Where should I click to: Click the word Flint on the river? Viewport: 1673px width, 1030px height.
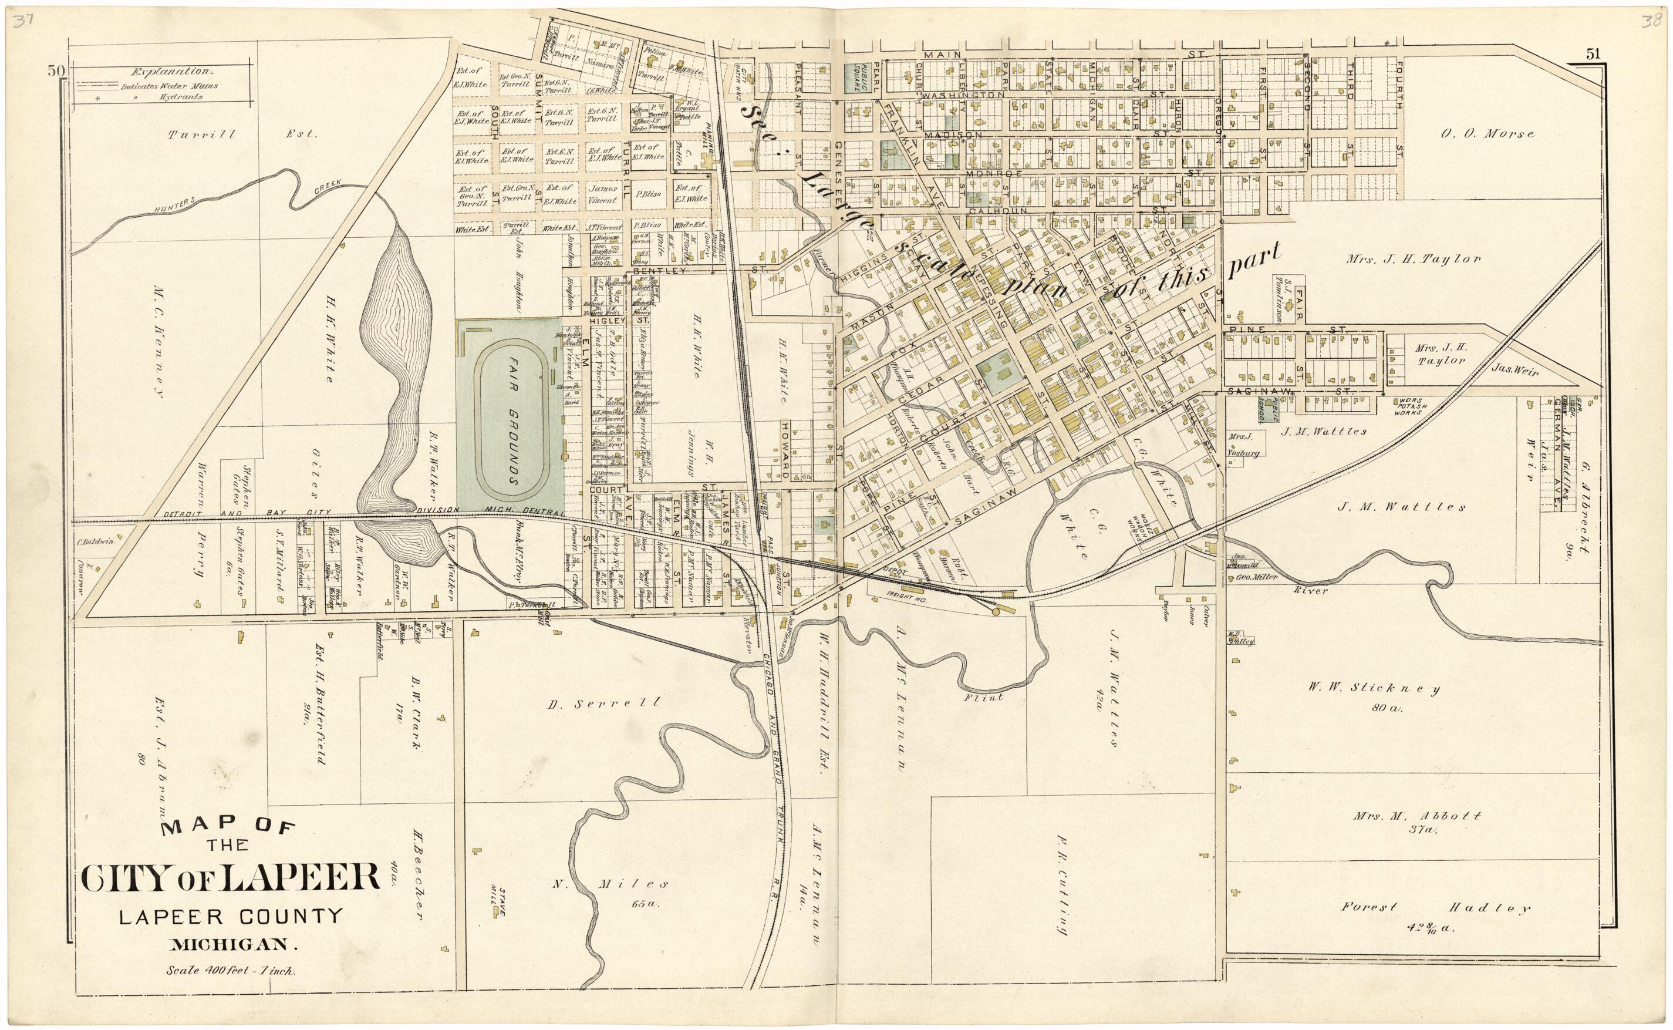984,697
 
